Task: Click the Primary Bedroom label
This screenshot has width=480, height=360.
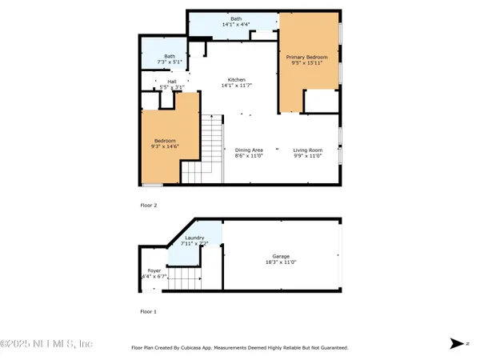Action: (307, 58)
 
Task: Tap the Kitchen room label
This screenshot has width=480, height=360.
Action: (236, 80)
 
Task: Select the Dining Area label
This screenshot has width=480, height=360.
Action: (249, 150)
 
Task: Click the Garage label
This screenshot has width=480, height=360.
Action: (280, 256)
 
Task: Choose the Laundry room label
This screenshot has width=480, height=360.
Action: (194, 238)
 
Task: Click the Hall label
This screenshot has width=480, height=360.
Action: (172, 81)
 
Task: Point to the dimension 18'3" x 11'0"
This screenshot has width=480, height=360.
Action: (280, 262)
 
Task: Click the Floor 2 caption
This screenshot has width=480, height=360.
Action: (149, 206)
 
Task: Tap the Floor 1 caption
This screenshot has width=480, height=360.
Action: (149, 311)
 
